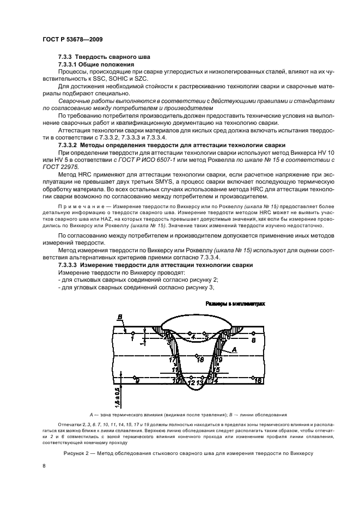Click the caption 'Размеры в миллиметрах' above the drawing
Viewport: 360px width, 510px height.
pyautogui.click(x=235, y=304)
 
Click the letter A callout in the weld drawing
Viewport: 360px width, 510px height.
pyautogui.click(x=234, y=349)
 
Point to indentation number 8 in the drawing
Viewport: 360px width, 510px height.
pyautogui.click(x=253, y=339)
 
